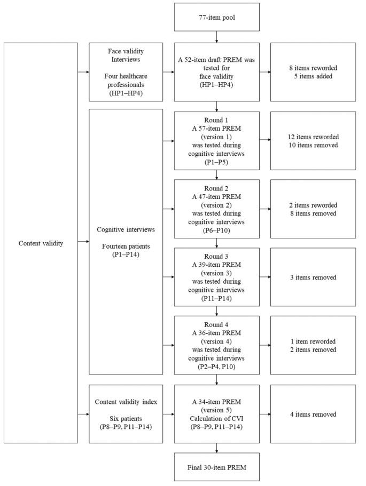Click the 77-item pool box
coord(216,17)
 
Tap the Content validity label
coord(41,243)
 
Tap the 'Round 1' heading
coord(216,121)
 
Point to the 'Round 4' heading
coord(216,325)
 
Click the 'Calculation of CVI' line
coord(216,413)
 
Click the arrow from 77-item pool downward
coord(216,37)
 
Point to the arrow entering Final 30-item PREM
coord(216,448)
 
